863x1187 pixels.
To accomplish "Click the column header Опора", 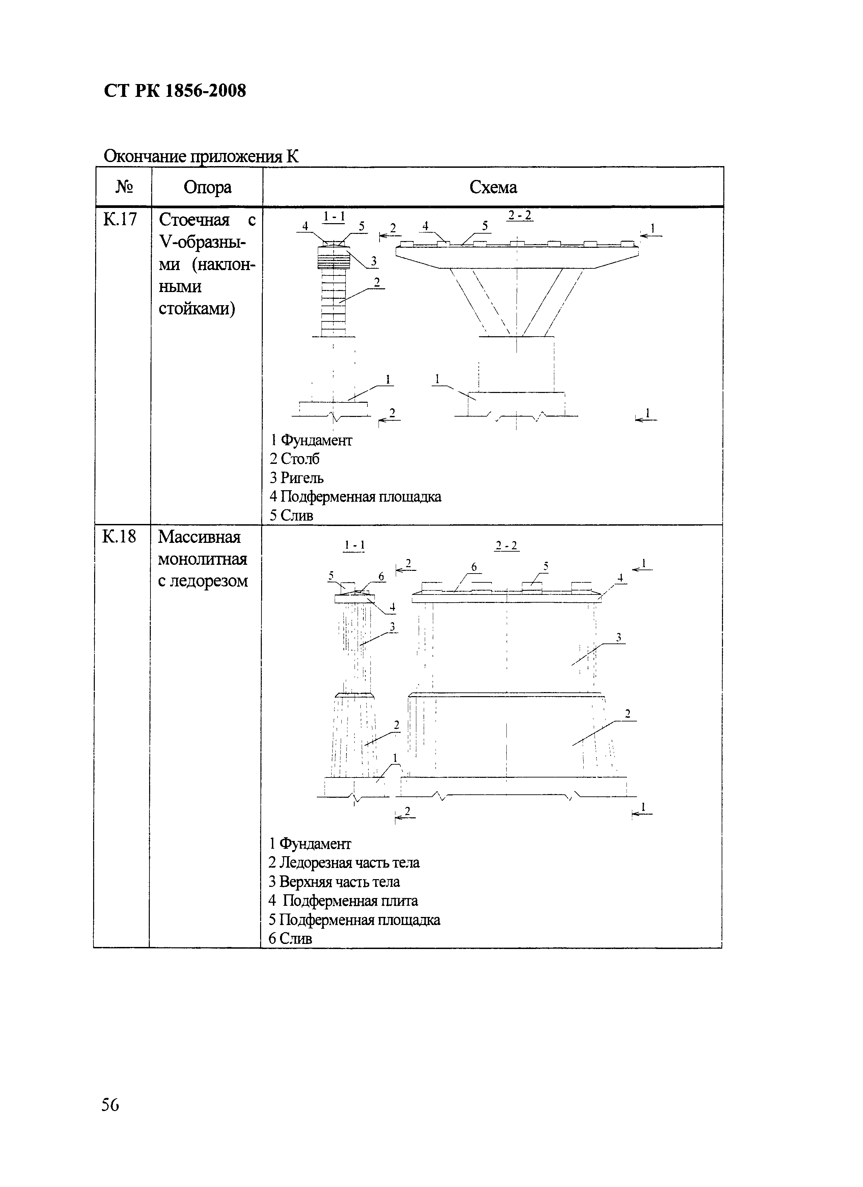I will (x=207, y=187).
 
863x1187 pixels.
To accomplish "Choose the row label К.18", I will (x=119, y=536).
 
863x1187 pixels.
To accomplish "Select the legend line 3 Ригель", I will (x=297, y=478).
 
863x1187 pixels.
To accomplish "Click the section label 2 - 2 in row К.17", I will (x=520, y=215).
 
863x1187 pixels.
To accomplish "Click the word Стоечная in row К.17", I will (x=194, y=220).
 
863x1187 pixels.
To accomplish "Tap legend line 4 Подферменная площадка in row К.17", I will (x=355, y=497).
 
